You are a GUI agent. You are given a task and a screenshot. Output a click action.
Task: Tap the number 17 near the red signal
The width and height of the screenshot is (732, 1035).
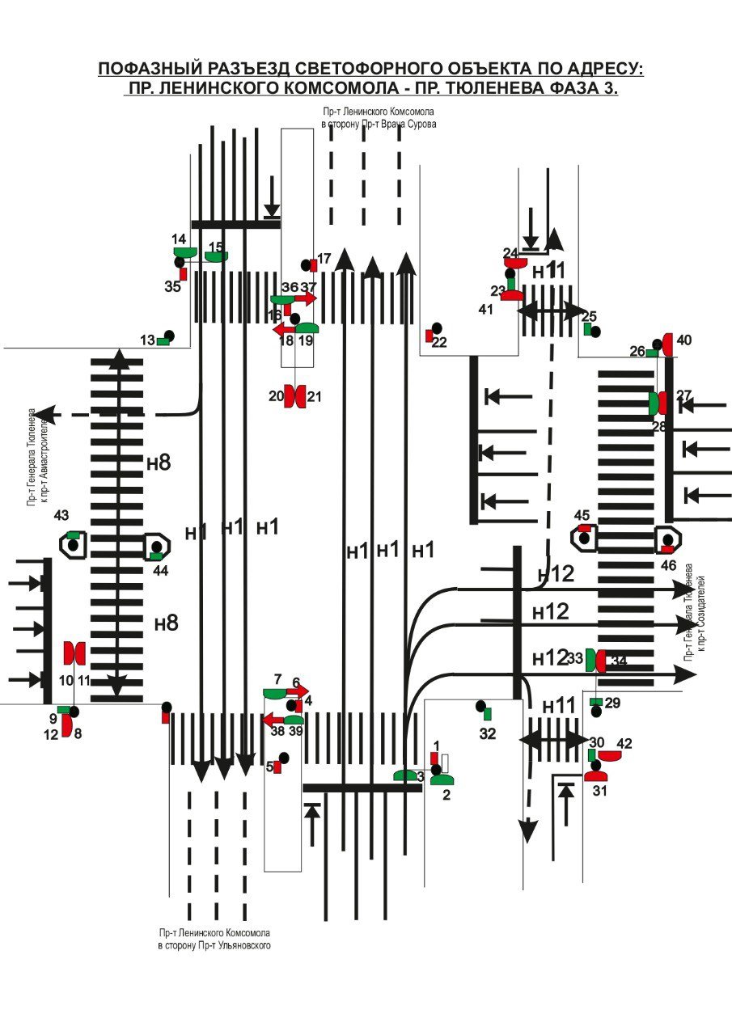point(324,259)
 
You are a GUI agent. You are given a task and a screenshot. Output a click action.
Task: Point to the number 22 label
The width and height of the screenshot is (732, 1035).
point(439,342)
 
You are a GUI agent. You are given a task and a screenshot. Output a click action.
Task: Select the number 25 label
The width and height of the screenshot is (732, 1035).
point(589,316)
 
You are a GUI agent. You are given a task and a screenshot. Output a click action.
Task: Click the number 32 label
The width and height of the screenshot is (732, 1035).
point(487,734)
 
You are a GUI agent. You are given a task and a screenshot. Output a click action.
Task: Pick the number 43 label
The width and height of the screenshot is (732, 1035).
point(61,516)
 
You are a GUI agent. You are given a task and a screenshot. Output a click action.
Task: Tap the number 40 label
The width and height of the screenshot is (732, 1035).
point(684,340)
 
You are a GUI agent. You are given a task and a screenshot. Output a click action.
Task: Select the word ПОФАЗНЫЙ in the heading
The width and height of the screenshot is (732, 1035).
point(150,69)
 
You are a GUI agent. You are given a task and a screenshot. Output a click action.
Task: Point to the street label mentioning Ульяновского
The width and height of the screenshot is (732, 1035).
point(214,944)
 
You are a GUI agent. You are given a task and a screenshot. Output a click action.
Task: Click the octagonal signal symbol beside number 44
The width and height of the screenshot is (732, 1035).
point(156,547)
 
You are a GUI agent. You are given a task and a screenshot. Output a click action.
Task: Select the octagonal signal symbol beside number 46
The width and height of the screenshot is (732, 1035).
point(668,539)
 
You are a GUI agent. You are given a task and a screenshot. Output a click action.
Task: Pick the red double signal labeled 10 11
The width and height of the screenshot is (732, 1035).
point(74,652)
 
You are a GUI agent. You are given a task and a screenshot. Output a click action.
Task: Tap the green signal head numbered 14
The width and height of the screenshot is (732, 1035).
point(184,252)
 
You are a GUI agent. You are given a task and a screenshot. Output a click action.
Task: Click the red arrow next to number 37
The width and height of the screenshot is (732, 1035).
point(308,298)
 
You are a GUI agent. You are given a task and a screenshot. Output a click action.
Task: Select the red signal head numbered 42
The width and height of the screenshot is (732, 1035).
point(609,755)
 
